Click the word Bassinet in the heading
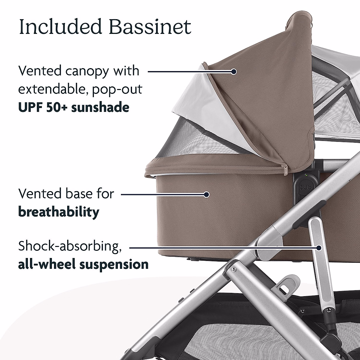coord(150,27)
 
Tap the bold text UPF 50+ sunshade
coord(74,107)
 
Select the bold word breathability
coord(59,212)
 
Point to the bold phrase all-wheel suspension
coord(83,264)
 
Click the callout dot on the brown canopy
coord(234,71)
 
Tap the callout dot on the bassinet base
coord(206,194)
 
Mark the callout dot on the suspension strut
coord(319,248)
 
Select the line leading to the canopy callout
coord(189,71)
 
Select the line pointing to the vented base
coord(162,194)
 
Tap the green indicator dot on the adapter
coord(305,175)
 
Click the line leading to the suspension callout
coord(222,248)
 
